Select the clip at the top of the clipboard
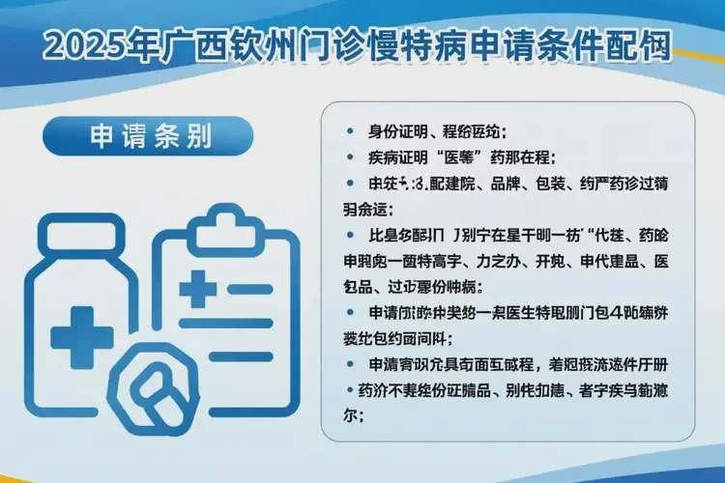pyautogui.click(x=224, y=225)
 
